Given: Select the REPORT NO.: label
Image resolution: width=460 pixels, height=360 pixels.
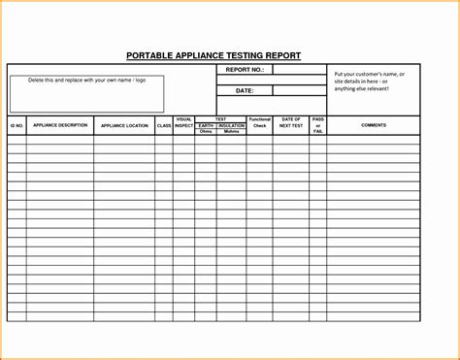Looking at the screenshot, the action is point(244,70).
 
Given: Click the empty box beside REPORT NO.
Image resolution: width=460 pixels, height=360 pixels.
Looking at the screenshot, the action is point(299,70).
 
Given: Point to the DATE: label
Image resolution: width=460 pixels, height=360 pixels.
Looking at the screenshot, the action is point(244,90).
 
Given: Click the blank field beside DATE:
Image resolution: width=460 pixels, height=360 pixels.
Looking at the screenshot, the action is point(299,90).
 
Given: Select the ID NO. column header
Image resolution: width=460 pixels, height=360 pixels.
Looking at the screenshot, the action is point(16,125).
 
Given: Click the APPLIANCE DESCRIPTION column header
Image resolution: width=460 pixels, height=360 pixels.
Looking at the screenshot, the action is point(59,125).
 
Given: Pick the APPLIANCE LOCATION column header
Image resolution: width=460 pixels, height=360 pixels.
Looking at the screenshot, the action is point(123,125).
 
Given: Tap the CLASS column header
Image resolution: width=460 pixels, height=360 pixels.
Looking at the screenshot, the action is point(163,125).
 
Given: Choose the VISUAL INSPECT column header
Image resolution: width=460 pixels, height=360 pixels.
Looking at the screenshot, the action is point(183,122).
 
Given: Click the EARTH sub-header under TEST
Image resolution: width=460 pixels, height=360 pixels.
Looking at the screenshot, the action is point(206,125).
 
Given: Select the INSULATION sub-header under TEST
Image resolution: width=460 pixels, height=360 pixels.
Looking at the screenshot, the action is point(231,125).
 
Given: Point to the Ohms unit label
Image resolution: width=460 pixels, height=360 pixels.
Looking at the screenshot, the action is point(206,131).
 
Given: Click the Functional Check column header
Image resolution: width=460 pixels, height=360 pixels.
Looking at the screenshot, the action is point(259,122).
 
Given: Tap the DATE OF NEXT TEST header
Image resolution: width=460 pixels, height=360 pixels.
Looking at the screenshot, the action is point(292,122).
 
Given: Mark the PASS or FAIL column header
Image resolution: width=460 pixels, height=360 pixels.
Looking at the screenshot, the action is point(318,124).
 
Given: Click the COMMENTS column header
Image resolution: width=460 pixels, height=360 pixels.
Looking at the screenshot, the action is point(374,125).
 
